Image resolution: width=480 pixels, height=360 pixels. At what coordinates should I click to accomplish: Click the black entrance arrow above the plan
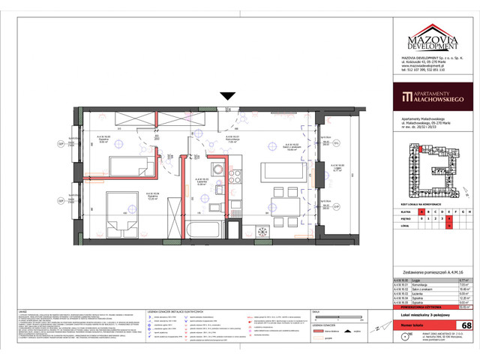click(226, 96)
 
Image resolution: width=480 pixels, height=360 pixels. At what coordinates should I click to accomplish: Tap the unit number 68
click(467, 325)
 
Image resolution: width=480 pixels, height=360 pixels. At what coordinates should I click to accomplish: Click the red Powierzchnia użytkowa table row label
click(418, 307)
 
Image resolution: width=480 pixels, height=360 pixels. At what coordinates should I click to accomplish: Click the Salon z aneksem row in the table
click(416, 288)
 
